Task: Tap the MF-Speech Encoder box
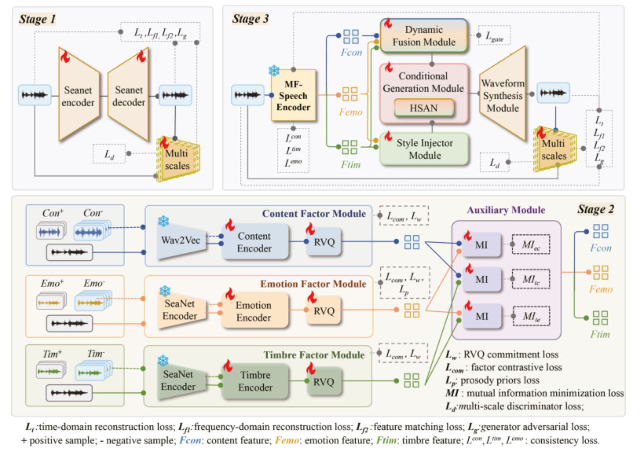[293, 95]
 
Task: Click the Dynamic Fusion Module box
[424, 36]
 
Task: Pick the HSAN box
[424, 108]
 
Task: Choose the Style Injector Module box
[425, 149]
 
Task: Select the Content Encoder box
[254, 242]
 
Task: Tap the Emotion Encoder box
[254, 311]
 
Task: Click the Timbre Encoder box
[255, 381]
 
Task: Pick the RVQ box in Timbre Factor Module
[324, 382]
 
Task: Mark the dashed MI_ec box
[531, 245]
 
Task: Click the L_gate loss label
[494, 36]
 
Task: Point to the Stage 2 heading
[596, 209]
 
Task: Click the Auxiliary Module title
[506, 210]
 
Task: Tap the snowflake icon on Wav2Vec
[164, 221]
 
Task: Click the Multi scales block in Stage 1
[177, 159]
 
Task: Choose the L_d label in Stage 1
[109, 154]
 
